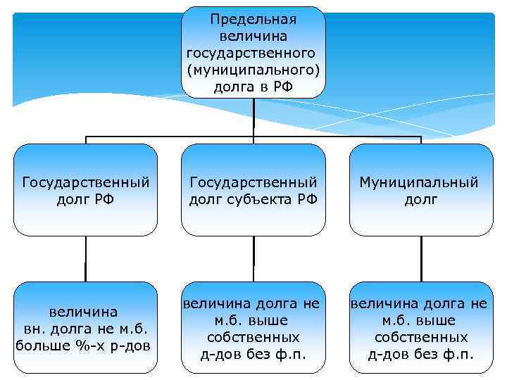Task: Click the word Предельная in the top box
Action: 254,19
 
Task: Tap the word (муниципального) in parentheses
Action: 254,70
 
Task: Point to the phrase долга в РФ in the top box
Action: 254,87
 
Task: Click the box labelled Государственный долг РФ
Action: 86,190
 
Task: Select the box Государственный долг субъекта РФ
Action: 254,190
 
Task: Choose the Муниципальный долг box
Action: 420,190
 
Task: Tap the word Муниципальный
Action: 419,182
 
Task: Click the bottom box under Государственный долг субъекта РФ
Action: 254,327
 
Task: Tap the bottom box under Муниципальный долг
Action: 420,327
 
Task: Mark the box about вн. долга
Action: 86,327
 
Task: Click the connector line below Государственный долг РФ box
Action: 86,258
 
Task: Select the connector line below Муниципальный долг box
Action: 420,258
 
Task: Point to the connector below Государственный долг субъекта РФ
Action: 254,258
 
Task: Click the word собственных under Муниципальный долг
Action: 420,337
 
